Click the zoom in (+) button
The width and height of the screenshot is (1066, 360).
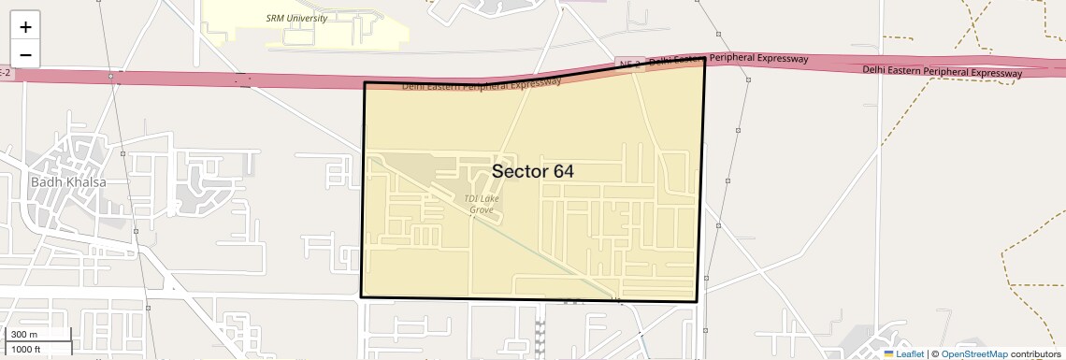25,26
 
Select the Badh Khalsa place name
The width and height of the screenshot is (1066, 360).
68,182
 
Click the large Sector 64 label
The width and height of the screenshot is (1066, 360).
532,171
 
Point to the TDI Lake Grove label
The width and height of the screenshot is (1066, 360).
481,204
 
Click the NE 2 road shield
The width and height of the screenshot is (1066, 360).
630,64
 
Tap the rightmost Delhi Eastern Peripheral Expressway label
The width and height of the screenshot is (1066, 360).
943,71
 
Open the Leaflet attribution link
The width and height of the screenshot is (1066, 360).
909,353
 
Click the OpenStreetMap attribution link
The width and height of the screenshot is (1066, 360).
974,353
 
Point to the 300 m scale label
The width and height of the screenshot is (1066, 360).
25,335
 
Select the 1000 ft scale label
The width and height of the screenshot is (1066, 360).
27,349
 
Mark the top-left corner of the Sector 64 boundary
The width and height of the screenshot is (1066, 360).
365,83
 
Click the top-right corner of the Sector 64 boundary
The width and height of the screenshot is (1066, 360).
704,58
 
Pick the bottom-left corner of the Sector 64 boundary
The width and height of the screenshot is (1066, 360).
361,296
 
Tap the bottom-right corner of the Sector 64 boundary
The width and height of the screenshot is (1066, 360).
697,302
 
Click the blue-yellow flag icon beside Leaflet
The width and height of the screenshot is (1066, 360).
888,353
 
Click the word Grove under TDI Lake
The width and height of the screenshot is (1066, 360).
481,210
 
